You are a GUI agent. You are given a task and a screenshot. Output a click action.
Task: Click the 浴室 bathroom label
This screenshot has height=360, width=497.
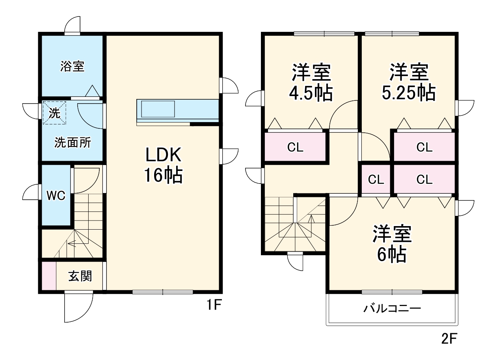coord(72,66)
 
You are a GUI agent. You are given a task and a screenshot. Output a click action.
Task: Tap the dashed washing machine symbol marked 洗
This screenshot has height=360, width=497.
coord(54,113)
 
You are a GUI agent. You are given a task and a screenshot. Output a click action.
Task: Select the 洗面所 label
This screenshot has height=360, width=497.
coord(73,143)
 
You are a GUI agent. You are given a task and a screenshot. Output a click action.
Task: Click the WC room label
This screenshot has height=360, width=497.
coord(56,196)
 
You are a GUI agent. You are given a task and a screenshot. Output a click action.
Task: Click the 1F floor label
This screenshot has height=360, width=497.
coord(214,305)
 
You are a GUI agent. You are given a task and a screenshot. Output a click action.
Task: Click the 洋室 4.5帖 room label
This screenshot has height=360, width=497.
coord(311,82)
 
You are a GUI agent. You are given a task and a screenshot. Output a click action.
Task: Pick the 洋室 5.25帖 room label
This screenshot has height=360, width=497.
coord(409,82)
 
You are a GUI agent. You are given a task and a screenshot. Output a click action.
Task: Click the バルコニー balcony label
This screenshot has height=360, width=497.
coord(392,308)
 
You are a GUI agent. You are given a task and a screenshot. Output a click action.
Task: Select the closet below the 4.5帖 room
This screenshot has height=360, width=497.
coord(295,147)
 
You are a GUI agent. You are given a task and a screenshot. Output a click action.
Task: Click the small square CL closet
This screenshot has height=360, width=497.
coord(376,180)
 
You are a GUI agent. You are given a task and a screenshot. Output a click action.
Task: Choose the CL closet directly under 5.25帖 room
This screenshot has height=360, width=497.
coord(424,147)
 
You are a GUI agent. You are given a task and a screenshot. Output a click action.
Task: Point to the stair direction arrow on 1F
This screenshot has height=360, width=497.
coord(72,243)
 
